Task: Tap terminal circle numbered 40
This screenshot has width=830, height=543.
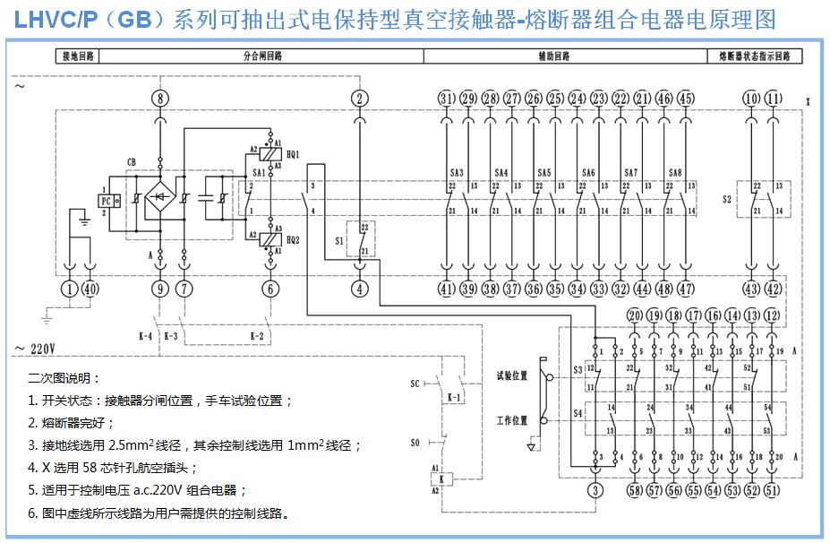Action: coord(90,289)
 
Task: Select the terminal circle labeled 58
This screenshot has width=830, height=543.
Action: coord(635,490)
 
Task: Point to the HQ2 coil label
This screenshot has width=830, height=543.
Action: coord(293,240)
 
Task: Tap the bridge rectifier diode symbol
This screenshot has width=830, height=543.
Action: coord(160,195)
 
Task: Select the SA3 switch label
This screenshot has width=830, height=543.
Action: coord(457,172)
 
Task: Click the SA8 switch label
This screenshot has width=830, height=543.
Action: coord(675,172)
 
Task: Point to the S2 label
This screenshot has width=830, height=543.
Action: coord(728,199)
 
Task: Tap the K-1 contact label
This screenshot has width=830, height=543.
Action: coord(453,395)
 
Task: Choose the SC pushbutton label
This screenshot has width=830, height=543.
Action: coord(415,384)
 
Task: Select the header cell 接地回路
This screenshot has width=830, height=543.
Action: coord(76,56)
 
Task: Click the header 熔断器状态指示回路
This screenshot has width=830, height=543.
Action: coord(755,56)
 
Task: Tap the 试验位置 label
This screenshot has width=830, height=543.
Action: coord(512,375)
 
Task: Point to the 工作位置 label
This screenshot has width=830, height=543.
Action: coord(512,419)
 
